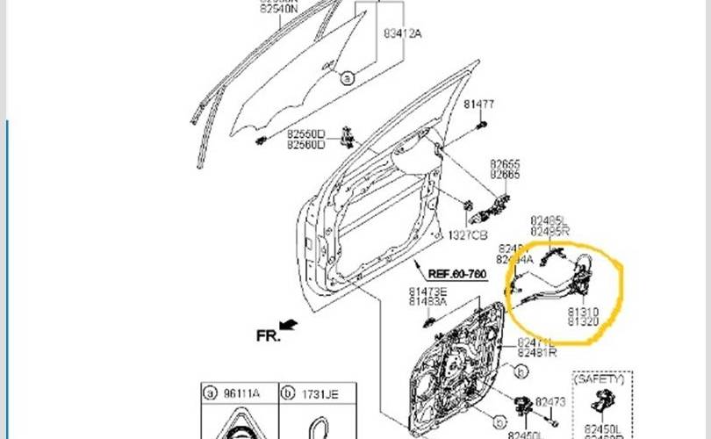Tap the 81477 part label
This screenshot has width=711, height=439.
coord(479,104)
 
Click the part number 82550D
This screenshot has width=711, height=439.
coord(305,134)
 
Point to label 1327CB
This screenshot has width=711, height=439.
coord(469,235)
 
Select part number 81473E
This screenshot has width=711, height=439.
coord(427,291)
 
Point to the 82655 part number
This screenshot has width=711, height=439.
coord(505,164)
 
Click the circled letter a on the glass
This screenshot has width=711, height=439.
coord(347,78)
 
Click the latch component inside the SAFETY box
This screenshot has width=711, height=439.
coord(605,405)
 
